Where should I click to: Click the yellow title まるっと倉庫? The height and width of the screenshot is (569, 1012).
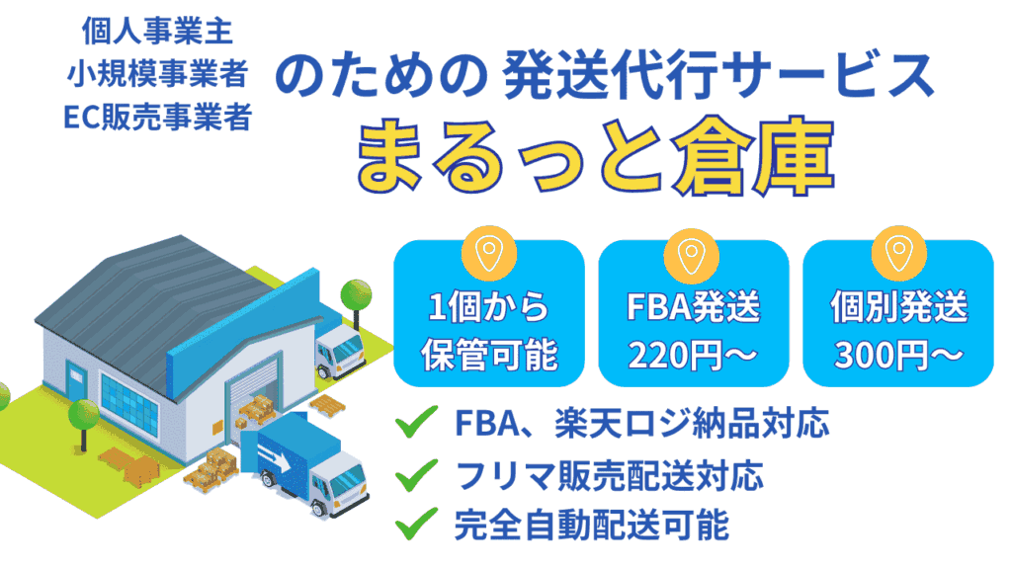(x=595, y=155)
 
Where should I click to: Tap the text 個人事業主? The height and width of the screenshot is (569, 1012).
(x=157, y=31)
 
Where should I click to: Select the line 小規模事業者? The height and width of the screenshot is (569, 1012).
(x=157, y=73)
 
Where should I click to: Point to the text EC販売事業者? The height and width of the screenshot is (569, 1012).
(x=157, y=117)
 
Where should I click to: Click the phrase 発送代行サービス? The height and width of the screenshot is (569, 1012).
(x=718, y=75)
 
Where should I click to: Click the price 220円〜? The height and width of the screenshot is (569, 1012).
(x=693, y=355)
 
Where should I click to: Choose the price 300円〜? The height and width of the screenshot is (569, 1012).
(x=898, y=355)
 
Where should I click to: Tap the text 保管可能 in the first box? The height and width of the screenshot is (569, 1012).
(x=489, y=355)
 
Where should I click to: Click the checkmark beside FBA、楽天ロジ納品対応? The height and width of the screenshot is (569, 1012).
(x=416, y=422)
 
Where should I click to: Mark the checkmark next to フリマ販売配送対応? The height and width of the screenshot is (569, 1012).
(x=416, y=475)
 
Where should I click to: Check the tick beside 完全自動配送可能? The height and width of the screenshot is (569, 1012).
(x=416, y=524)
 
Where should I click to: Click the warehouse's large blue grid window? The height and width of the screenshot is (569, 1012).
(x=129, y=403)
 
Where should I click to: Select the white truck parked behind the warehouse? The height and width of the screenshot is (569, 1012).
(x=339, y=351)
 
